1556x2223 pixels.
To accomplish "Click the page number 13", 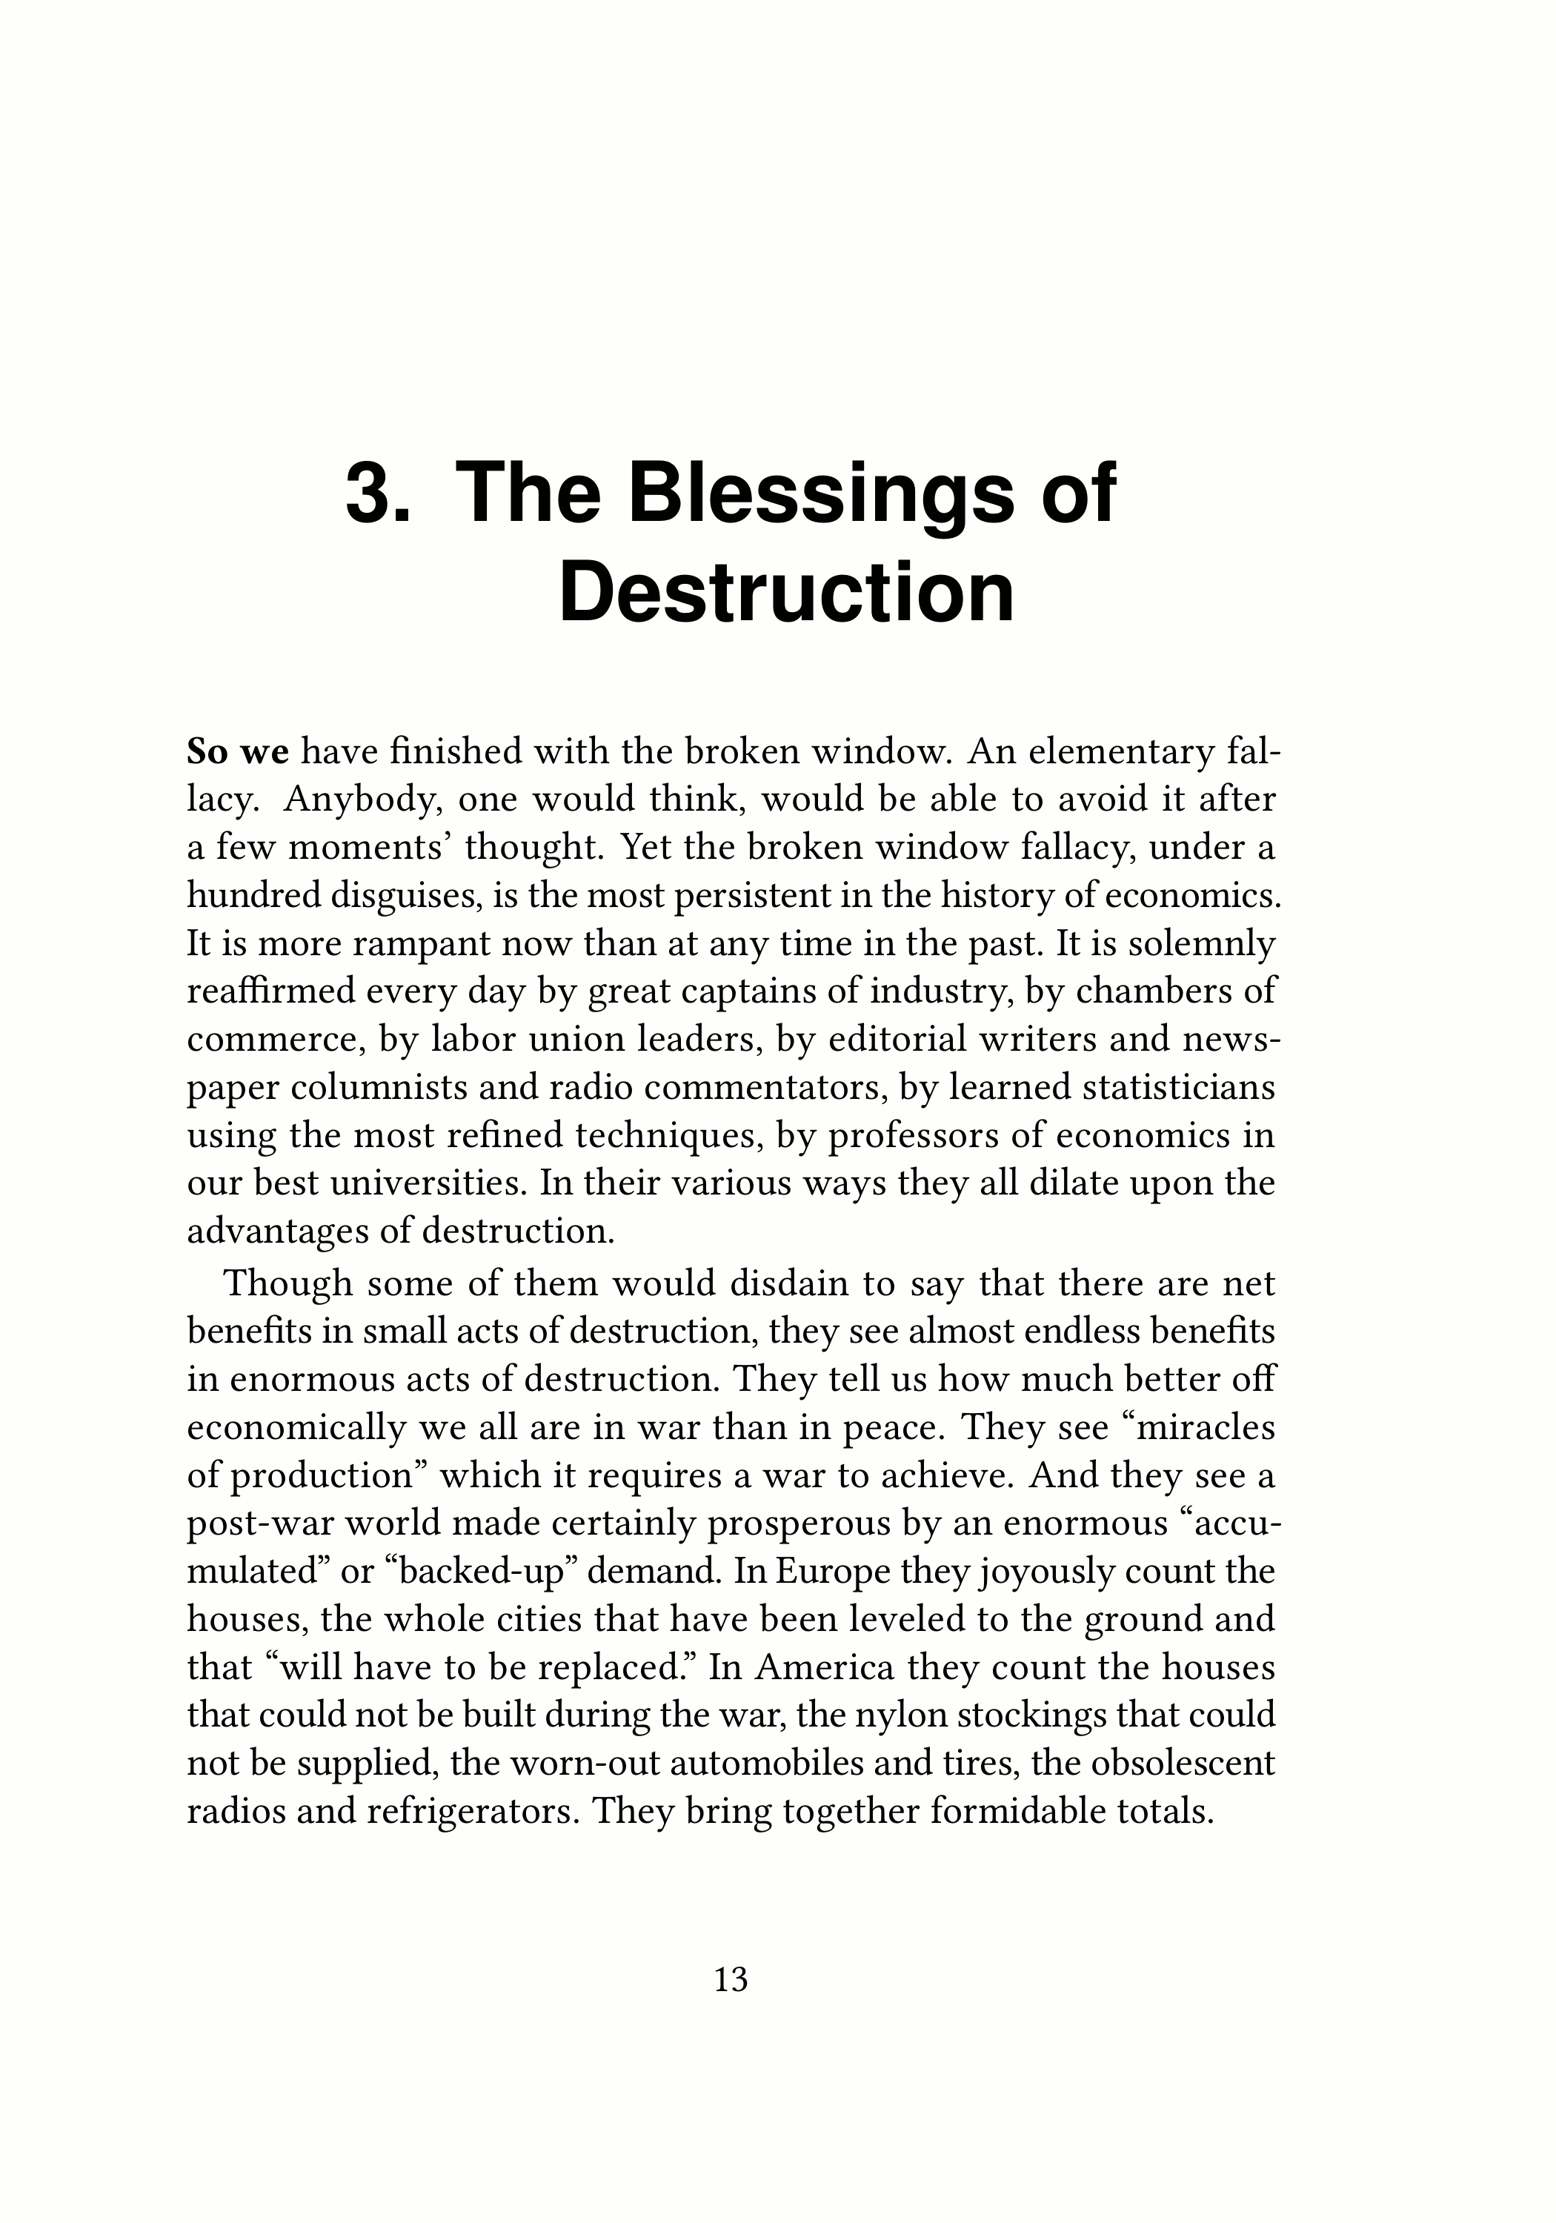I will tap(731, 1979).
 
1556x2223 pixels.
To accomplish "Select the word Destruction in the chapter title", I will tap(786, 593).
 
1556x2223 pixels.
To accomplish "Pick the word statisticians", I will tap(1165, 1087).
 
